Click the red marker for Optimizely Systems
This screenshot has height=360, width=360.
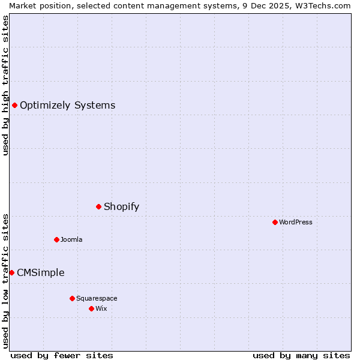[14, 106]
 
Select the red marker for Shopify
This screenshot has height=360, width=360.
[98, 207]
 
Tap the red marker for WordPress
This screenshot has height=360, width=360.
[275, 222]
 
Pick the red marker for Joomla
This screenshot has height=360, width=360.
[56, 239]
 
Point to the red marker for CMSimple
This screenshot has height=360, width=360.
[11, 273]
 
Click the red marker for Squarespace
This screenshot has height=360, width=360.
[72, 298]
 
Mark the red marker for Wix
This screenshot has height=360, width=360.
[91, 308]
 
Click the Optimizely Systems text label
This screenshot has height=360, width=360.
[67, 106]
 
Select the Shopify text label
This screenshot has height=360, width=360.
[121, 207]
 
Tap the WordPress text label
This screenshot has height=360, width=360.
[295, 222]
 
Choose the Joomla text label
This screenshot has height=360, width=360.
[71, 239]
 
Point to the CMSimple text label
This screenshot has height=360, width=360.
[40, 273]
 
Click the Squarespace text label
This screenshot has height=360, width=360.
[97, 298]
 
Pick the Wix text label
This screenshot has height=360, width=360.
[101, 308]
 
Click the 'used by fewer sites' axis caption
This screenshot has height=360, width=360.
[62, 356]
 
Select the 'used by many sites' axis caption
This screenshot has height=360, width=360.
[301, 356]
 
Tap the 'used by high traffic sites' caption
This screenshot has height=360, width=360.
[5, 85]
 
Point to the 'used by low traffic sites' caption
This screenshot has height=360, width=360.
[5, 281]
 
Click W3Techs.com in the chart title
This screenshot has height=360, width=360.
[325, 5]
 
